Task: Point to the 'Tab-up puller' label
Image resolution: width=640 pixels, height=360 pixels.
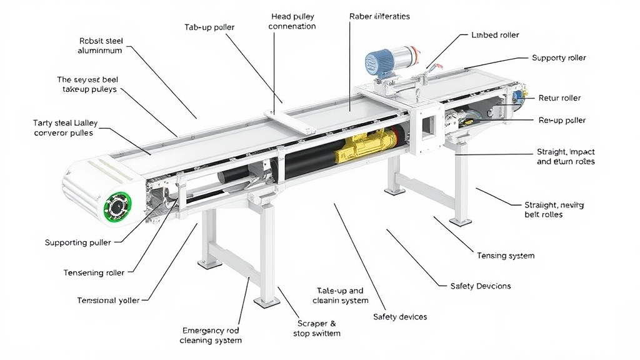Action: (209, 27)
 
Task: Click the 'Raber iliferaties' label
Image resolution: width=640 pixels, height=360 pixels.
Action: (379, 16)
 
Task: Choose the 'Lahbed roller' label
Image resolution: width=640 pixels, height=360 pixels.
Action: (495, 36)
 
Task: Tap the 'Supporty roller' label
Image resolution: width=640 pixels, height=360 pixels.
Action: (559, 58)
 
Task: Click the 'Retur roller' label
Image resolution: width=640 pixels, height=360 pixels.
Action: (559, 98)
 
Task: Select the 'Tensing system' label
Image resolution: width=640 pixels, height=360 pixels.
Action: (506, 256)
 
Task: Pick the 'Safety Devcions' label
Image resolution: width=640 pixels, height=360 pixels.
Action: (481, 286)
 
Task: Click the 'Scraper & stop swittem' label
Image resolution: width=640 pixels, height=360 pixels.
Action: (317, 329)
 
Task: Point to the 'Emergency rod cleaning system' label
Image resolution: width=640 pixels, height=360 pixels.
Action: (211, 335)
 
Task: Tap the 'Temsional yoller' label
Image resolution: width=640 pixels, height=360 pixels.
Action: (108, 301)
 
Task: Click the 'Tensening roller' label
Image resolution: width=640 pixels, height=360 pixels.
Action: (94, 272)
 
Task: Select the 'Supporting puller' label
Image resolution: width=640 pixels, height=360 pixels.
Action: (78, 242)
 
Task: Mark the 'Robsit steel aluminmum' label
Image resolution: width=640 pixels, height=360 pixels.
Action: (101, 46)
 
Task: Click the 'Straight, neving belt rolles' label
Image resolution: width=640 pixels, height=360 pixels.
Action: (554, 209)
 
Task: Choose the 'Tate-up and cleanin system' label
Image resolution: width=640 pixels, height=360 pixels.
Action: (341, 296)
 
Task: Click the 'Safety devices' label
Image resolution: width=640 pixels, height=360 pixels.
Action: (400, 317)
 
